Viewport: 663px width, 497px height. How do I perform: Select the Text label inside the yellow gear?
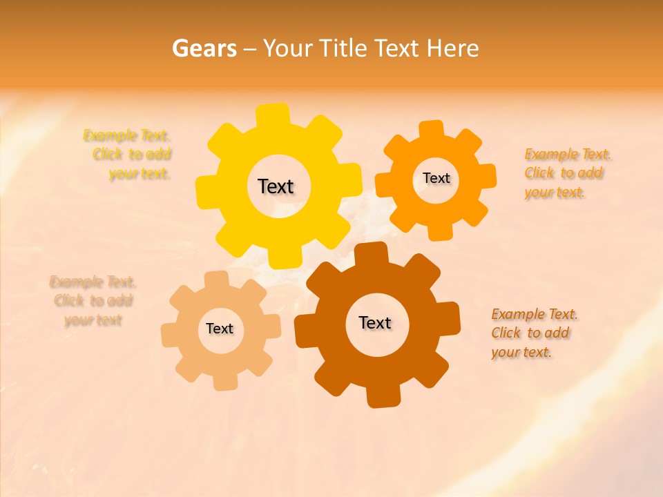[276, 186]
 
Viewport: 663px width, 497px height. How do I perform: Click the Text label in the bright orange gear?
[436, 178]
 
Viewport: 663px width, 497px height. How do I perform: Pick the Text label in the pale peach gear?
[220, 329]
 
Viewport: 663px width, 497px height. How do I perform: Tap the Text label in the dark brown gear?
[375, 322]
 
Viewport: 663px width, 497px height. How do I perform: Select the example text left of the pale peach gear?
[93, 301]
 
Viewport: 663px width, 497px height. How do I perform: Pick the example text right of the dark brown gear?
[533, 333]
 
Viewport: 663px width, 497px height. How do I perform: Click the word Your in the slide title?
[289, 48]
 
